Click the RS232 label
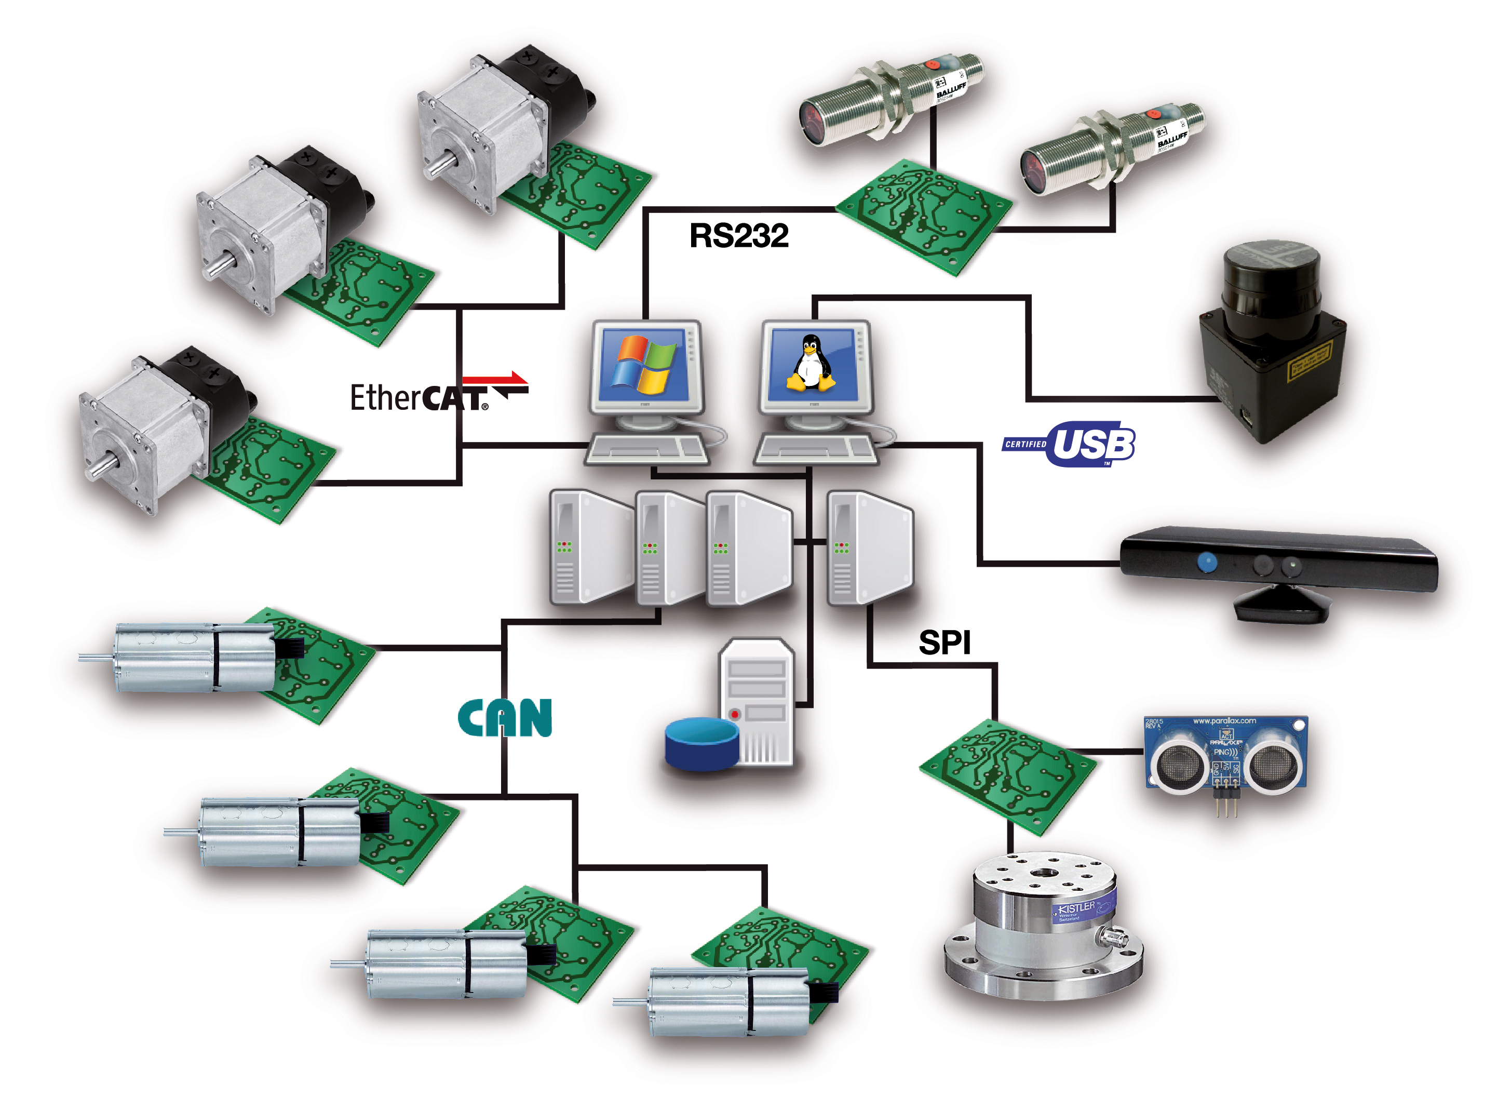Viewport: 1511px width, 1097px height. point(738,236)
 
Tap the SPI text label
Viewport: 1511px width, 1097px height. point(944,643)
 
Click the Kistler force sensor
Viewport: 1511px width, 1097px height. point(1043,927)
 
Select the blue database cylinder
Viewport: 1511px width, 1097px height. point(701,743)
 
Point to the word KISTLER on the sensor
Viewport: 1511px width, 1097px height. point(1076,908)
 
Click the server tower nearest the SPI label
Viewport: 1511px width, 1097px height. point(869,548)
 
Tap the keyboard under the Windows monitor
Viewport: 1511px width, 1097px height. point(646,450)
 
